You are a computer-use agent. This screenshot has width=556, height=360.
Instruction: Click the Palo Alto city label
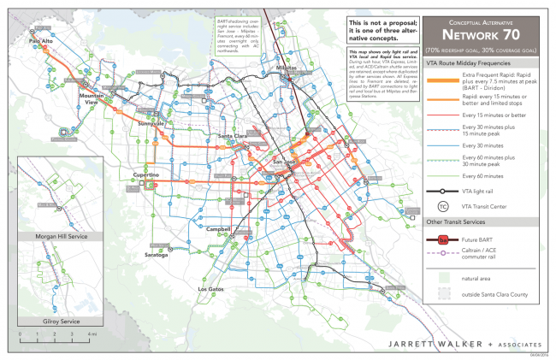[x=41, y=41]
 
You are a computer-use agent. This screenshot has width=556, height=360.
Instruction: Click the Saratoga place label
[x=155, y=255]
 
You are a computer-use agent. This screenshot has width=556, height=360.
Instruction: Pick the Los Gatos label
[x=210, y=289]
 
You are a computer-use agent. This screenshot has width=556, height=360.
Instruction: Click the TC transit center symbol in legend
[x=442, y=206]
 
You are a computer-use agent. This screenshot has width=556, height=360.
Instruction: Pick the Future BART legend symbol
[x=442, y=239]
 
